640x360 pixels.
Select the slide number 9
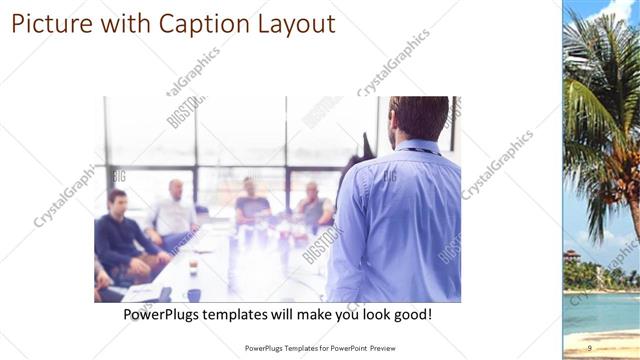point(589,347)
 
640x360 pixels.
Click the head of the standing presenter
point(418,118)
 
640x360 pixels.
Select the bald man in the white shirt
point(175,210)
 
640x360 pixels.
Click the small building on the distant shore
point(572,256)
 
